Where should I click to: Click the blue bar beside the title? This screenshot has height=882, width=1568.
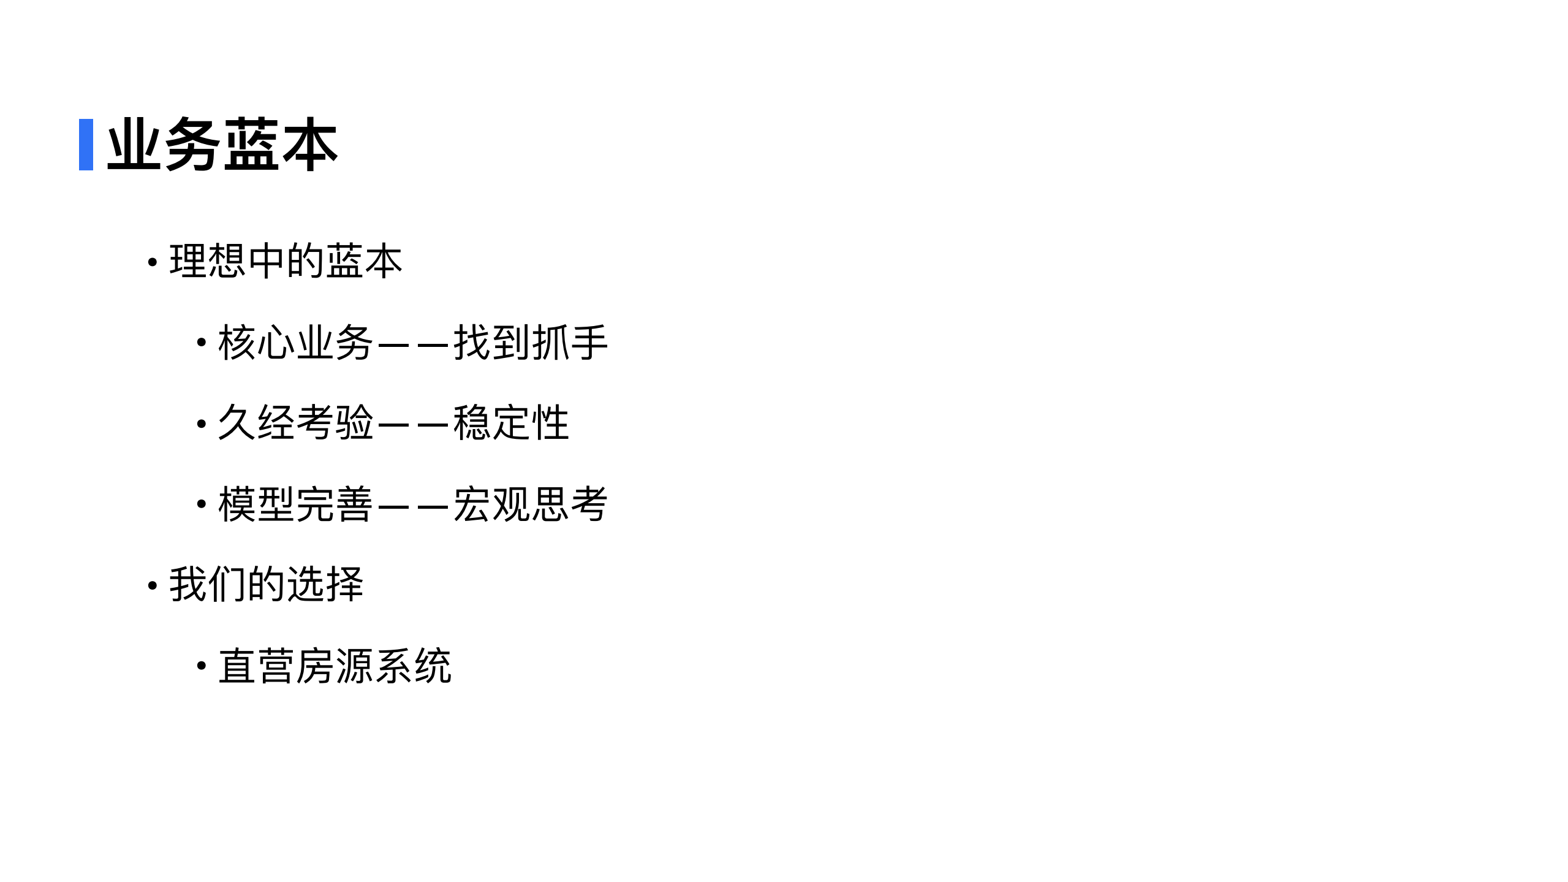pos(86,145)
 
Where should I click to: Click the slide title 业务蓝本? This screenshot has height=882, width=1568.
pos(222,145)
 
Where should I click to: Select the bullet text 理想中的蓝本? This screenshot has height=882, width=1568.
pos(286,261)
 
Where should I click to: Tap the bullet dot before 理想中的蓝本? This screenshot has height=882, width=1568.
pos(153,262)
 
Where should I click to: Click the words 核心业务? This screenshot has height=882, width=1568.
pos(295,342)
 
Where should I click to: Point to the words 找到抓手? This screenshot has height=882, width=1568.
pos(531,342)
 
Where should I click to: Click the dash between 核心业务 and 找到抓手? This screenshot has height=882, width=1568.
pos(414,343)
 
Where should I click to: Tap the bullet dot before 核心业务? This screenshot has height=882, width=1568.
pos(201,343)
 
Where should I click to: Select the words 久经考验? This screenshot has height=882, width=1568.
pos(295,423)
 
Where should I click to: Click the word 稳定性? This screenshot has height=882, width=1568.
pos(511,423)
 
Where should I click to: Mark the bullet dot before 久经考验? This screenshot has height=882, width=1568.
pos(201,424)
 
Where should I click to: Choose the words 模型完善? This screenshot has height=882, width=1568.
pos(295,504)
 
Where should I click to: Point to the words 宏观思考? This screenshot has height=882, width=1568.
pos(531,504)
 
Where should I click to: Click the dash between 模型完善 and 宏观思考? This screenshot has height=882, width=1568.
pos(414,505)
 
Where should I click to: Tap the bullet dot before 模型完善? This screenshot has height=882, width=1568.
pos(201,504)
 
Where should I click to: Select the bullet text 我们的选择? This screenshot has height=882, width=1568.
pos(267,584)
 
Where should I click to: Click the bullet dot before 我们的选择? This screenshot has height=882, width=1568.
pos(153,585)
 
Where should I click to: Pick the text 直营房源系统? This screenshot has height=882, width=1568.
pos(335,666)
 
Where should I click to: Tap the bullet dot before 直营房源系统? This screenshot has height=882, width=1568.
pos(201,666)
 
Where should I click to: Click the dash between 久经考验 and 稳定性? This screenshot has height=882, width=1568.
pos(414,424)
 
